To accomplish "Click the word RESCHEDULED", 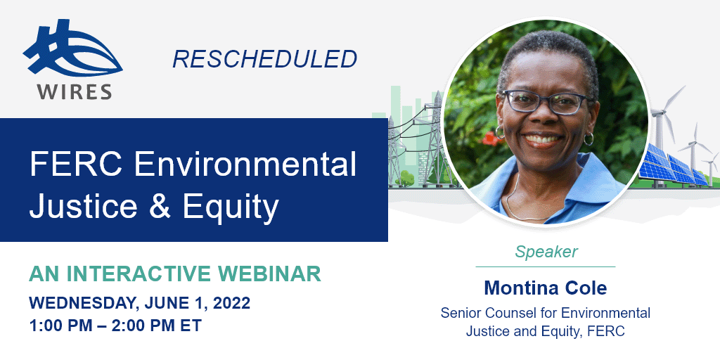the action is coord(264,59).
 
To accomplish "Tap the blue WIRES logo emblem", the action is coord(72,49).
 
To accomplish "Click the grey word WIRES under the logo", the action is coord(75,91).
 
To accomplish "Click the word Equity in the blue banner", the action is coord(231,207).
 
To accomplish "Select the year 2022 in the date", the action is coord(231,304).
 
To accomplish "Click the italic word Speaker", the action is coord(546,252).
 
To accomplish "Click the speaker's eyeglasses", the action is coord(545,102).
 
